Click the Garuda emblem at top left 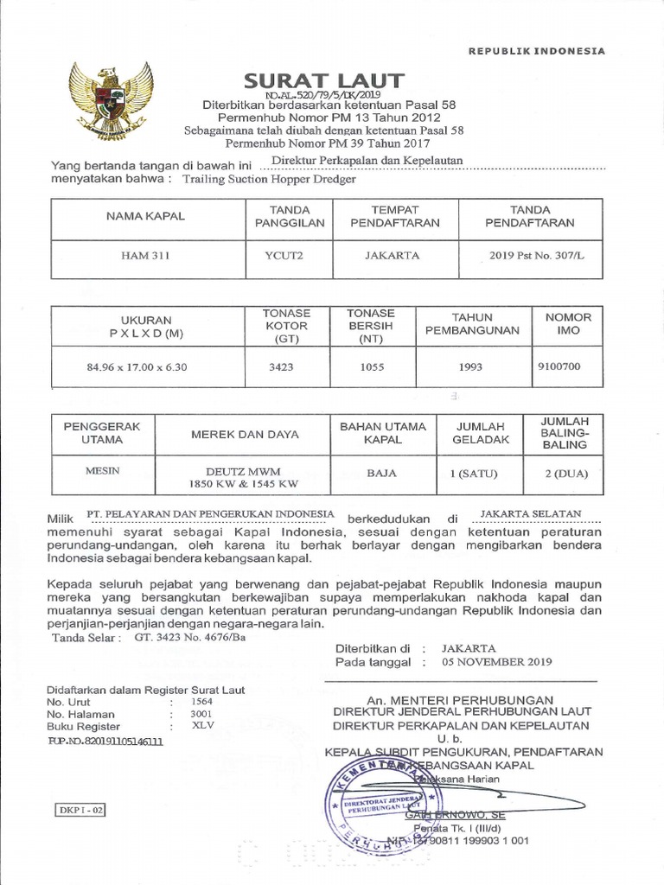[111, 101]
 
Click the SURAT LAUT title [324, 80]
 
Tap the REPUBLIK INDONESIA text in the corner [536, 51]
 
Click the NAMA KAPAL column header [146, 215]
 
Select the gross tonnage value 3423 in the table [281, 366]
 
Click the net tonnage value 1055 [370, 366]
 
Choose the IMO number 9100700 [559, 366]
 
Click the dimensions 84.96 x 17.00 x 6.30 [137, 366]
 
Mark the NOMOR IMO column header [569, 323]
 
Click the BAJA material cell [382, 474]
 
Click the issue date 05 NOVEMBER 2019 [495, 662]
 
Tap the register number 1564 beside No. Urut [201, 703]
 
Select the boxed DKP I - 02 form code [82, 810]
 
